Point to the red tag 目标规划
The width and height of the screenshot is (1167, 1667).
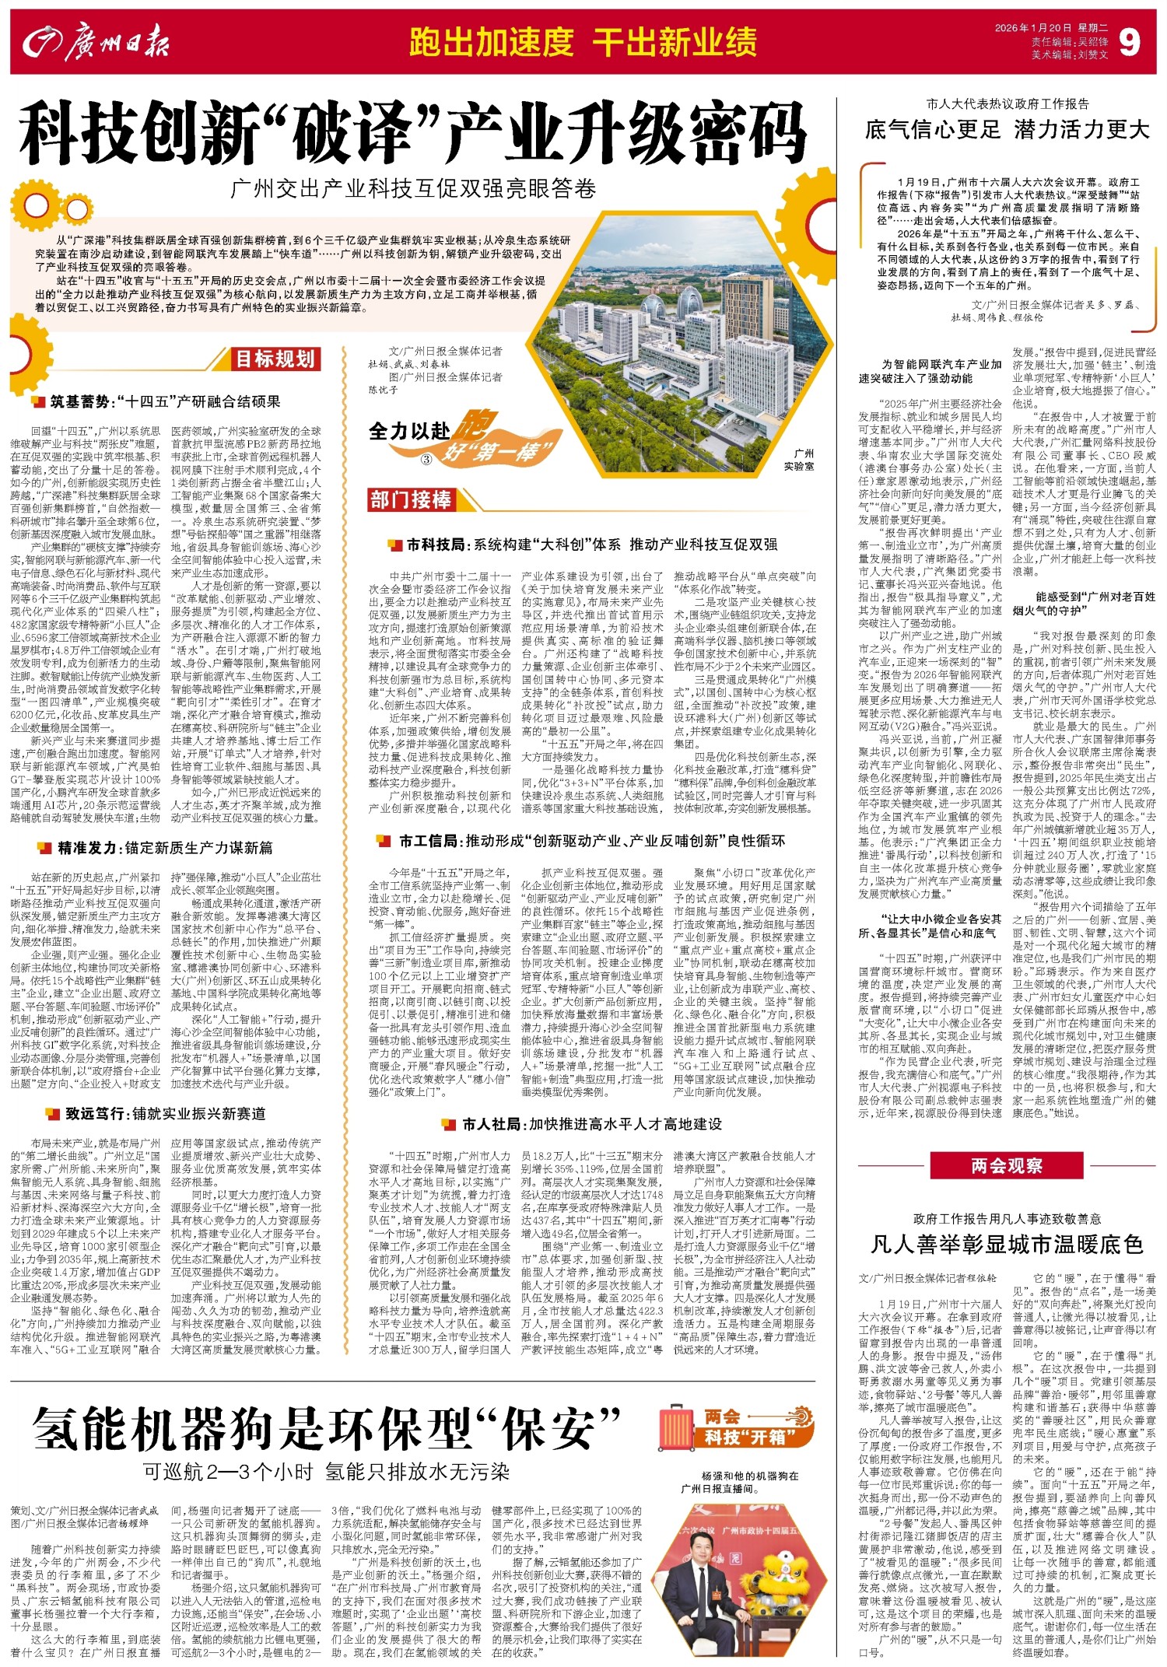coord(275,359)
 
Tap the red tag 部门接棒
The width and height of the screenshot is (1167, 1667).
coord(410,499)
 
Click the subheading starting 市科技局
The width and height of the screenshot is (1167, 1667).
coord(591,544)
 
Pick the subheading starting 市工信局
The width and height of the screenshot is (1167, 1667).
coord(591,841)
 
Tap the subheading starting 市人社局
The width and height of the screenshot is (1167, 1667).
coord(591,1124)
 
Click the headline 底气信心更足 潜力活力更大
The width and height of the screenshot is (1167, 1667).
coord(1007,128)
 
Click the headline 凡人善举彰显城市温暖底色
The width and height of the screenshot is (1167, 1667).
coord(1006,1245)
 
